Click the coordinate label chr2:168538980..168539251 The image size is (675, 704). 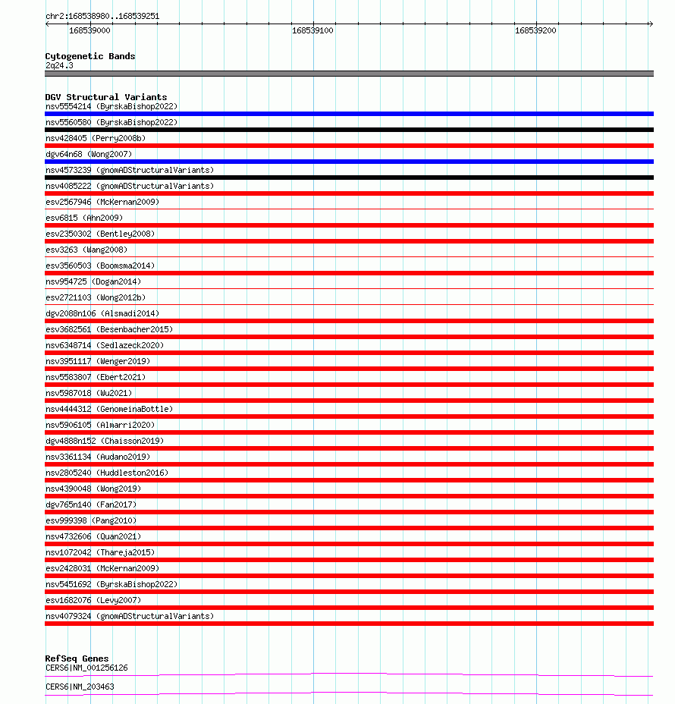pyautogui.click(x=102, y=16)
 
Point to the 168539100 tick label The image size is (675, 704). pyautogui.click(x=312, y=30)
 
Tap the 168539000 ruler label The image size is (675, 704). pyautogui.click(x=89, y=30)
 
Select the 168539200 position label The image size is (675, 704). pyautogui.click(x=535, y=30)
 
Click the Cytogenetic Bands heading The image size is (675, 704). pyautogui.click(x=89, y=56)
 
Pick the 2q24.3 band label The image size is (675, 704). pyautogui.click(x=59, y=65)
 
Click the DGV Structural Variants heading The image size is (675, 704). pyautogui.click(x=105, y=97)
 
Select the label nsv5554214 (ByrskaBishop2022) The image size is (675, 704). pyautogui.click(x=111, y=106)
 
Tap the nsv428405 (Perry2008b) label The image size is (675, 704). pyautogui.click(x=95, y=138)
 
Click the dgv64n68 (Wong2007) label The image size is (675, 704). pyautogui.click(x=88, y=154)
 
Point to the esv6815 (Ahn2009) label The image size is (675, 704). pyautogui.click(x=83, y=218)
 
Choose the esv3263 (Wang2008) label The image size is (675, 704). pyautogui.click(x=86, y=250)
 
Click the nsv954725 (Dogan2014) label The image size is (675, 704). pyautogui.click(x=93, y=281)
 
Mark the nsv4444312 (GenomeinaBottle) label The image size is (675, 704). pyautogui.click(x=108, y=409)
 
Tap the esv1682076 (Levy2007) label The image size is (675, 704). pyautogui.click(x=93, y=600)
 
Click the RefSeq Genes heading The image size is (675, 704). pyautogui.click(x=77, y=658)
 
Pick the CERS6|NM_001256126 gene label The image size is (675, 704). pyautogui.click(x=86, y=668)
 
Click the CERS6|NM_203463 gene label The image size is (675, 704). pyautogui.click(x=80, y=687)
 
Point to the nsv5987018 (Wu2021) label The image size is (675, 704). pyautogui.click(x=88, y=393)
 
